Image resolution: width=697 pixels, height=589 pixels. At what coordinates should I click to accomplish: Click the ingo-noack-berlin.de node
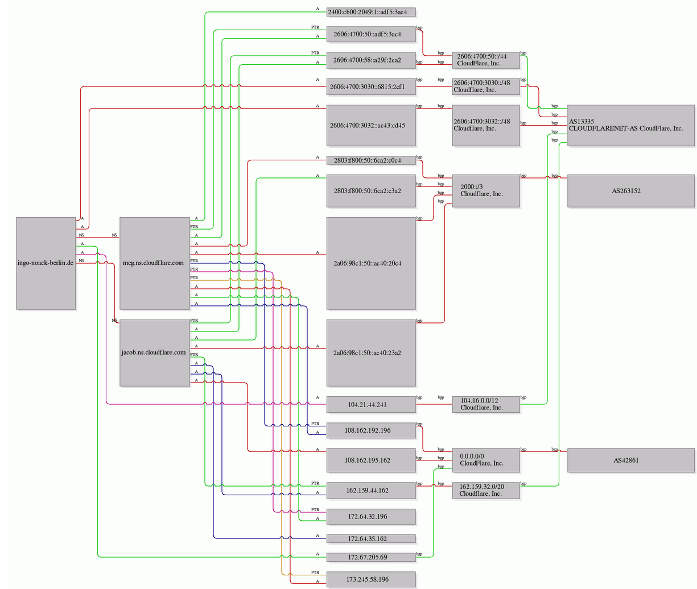coord(46,263)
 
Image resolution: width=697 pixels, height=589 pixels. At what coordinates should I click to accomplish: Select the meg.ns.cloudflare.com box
coord(155,263)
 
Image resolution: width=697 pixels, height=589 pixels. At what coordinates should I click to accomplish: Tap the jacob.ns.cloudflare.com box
coord(155,353)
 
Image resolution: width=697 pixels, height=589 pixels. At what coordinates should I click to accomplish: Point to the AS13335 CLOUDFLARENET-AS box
coord(631,125)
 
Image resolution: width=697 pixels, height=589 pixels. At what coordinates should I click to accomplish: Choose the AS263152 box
coord(631,190)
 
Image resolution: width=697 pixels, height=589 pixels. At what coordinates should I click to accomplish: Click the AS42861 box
coord(631,461)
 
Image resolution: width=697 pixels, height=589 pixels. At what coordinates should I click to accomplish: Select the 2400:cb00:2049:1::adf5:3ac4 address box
coord(371,12)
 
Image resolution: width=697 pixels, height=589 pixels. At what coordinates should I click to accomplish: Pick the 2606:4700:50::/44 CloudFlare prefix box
coord(486,60)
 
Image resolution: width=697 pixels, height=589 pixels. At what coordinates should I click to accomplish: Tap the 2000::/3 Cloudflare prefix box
coord(486,190)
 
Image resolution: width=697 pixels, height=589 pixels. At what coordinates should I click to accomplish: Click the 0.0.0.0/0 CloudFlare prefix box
coord(486,461)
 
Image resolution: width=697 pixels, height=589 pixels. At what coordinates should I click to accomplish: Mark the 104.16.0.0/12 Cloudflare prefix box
coord(486,404)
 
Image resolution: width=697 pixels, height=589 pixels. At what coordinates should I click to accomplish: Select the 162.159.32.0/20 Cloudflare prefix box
coord(486,491)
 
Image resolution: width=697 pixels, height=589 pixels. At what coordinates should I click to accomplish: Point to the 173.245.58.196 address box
coord(371,579)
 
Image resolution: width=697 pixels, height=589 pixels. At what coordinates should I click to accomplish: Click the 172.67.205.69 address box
coord(371,557)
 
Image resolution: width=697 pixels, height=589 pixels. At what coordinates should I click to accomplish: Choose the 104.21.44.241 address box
coord(371,404)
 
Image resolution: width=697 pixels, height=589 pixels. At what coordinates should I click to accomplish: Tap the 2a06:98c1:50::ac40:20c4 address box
coord(371,263)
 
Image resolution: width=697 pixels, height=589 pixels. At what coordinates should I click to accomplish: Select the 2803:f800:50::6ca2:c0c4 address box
coord(371,160)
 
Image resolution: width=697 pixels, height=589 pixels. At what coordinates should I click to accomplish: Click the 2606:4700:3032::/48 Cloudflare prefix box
coord(486,125)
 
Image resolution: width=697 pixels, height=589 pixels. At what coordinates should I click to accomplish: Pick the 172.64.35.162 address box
coord(371,539)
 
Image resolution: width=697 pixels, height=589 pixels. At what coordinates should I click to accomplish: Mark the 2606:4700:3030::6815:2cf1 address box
coord(371,86)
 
